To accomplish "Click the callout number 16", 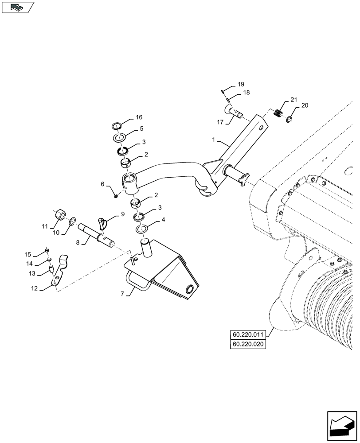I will [139, 117].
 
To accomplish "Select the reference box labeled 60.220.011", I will [248, 334].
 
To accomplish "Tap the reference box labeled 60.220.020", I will [248, 344].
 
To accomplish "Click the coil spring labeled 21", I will [278, 113].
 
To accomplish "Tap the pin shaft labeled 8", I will [95, 235].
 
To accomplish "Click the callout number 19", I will [123, 214].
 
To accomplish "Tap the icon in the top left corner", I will [17, 8].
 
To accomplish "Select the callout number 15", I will [28, 255].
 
